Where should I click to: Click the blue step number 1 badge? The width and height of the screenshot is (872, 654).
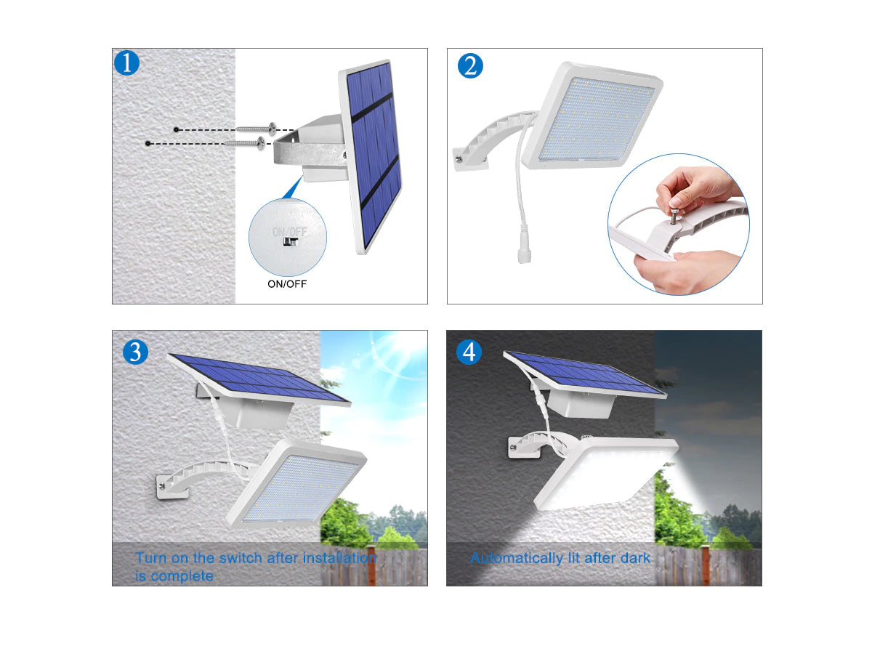pos(126,63)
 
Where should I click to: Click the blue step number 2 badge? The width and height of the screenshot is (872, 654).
pos(470,65)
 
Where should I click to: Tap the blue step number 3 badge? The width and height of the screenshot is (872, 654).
pos(135,352)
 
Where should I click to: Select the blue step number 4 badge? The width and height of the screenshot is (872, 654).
pos(469,352)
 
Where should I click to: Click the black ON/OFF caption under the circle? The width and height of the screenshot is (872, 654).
pos(287,284)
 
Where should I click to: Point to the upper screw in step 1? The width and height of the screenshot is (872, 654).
pos(256,129)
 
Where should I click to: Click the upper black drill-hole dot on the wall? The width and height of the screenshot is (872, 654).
pos(177,129)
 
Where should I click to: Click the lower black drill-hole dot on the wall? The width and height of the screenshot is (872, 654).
pos(148,143)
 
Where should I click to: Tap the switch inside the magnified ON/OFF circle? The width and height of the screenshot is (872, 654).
pos(290,242)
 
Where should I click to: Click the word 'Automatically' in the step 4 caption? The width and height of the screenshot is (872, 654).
pos(517,559)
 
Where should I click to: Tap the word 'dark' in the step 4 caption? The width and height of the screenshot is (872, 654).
pos(635,558)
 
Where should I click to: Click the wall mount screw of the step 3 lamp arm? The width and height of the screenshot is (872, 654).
pos(162,486)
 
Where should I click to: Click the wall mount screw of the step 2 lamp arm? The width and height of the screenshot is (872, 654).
pos(459,159)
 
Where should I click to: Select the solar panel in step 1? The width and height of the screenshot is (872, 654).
pos(371,156)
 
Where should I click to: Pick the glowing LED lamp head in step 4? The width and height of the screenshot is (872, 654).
pos(605,474)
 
